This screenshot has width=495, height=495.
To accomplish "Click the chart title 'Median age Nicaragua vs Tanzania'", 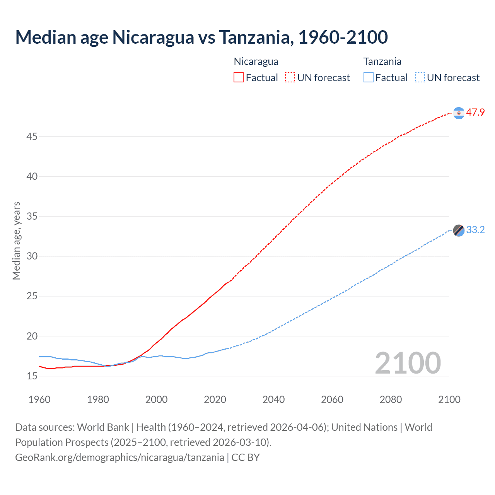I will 201,38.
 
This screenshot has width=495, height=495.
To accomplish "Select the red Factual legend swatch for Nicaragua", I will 239,78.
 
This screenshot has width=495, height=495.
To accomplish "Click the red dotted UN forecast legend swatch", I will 290,78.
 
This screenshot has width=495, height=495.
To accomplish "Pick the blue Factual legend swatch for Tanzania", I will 368,78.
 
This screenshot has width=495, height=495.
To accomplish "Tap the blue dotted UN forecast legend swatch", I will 420,78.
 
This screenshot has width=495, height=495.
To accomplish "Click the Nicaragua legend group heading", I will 256,61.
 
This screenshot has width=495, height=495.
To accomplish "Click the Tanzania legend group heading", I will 382,61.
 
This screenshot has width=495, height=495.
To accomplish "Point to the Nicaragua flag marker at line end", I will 459,113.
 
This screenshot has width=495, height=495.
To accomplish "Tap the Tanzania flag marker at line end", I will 459,230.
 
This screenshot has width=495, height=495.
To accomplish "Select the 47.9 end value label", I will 475,113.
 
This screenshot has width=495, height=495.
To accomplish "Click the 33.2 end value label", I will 475,230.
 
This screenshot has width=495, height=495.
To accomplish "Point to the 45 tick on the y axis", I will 32,137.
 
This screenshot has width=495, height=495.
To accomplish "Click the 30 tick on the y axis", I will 32,256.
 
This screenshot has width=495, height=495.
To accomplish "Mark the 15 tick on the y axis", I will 32,376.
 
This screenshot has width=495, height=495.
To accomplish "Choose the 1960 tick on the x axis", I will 39,399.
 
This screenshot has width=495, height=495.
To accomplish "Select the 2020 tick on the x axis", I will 215,399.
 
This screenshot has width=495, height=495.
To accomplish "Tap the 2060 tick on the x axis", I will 332,399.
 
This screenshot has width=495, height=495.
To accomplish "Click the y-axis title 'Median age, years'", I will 16,241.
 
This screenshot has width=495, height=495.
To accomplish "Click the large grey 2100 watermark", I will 408,363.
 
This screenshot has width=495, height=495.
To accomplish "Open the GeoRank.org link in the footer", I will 119,457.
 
